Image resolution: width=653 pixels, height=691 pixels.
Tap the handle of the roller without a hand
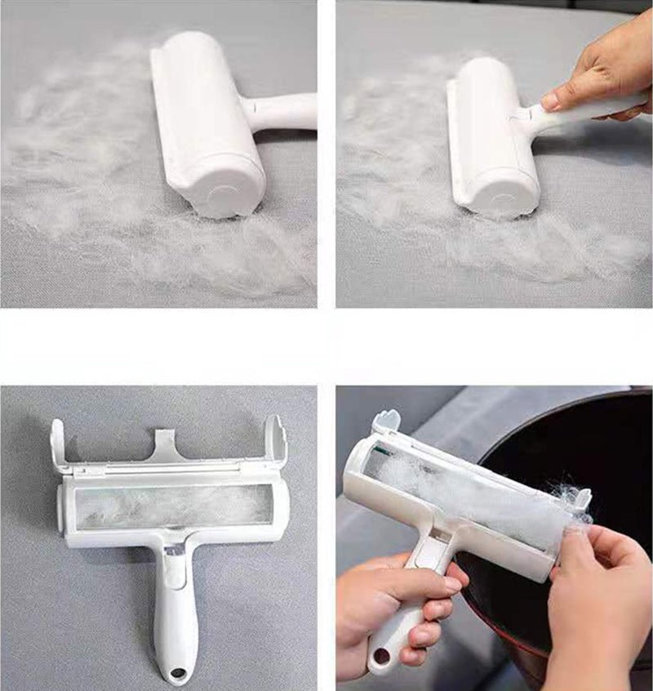(x=282, y=112)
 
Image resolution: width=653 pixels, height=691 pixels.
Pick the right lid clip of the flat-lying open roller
(x=273, y=441)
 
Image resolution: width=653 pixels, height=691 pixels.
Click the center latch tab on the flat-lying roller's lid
(x=168, y=446)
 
